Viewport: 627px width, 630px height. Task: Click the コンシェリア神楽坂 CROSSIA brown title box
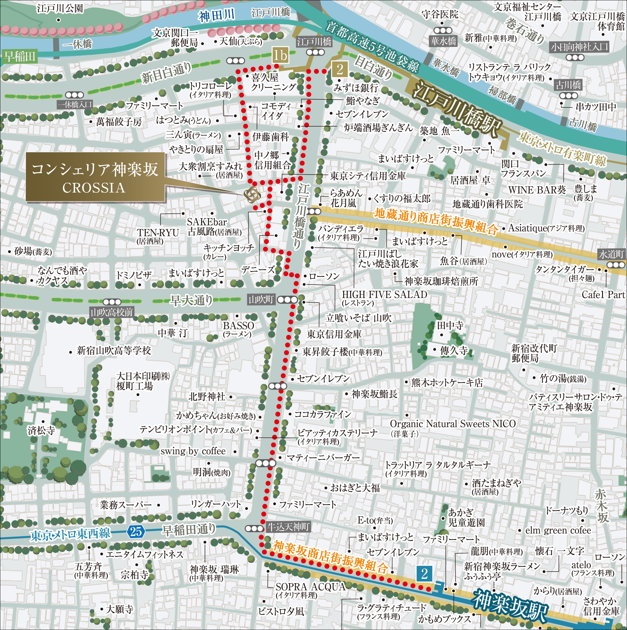95,178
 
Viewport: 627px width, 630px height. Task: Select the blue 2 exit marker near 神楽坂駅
424,583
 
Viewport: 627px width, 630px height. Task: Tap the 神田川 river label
216,15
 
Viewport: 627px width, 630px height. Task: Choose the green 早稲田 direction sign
19,57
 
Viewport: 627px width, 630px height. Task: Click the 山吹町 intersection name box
261,300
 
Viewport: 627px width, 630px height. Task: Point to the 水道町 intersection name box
611,254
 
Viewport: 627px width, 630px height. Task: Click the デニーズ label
258,270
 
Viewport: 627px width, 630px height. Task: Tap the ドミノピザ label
134,275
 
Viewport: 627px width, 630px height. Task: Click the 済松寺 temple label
41,430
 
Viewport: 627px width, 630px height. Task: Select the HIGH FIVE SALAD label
384,295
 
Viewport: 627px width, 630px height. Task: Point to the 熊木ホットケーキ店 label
447,383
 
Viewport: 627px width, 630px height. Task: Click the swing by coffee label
193,451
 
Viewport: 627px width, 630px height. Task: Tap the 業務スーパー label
126,505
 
